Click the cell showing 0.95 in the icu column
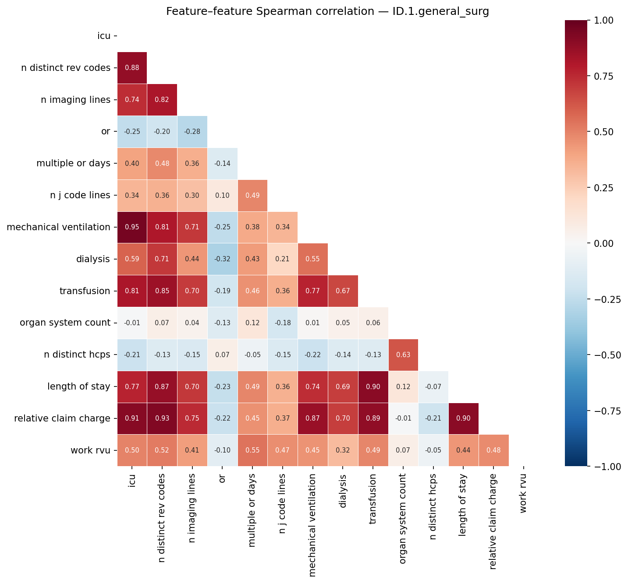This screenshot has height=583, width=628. pos(132,228)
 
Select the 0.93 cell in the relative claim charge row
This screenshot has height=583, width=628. pos(162,419)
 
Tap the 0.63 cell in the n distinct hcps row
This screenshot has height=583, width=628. pos(403,355)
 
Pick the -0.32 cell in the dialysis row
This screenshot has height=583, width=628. pos(222,259)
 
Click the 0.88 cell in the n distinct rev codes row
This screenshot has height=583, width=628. pos(132,68)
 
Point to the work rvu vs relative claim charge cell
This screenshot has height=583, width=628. pos(493,451)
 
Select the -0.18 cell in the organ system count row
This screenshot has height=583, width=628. pos(283,323)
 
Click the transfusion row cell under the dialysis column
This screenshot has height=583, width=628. pos(343,291)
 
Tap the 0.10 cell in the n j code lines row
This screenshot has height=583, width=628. pos(222,196)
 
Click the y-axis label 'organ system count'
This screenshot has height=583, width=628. pos(65,323)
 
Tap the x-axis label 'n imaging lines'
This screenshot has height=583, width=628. pos(192,508)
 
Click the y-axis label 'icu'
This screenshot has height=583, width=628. pos(104,36)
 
